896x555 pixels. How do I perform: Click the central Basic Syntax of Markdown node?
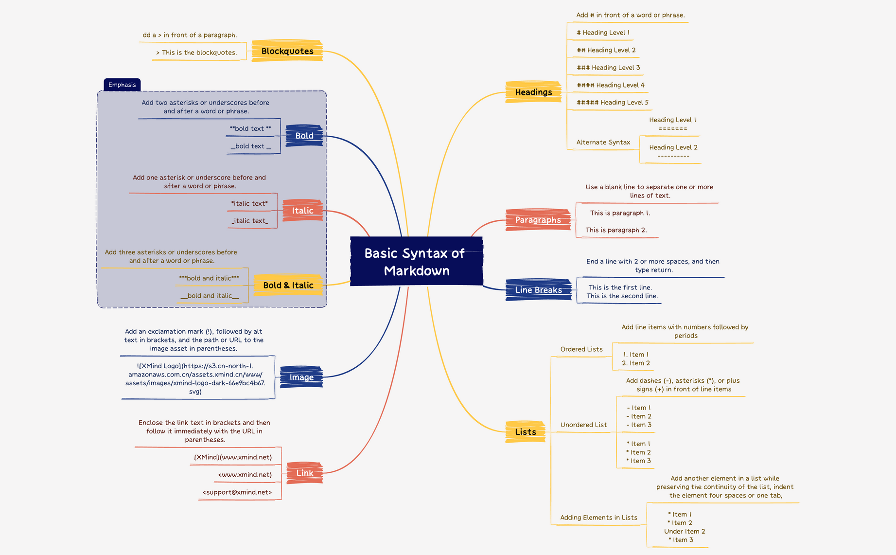click(416, 262)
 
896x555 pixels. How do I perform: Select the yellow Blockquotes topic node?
click(287, 51)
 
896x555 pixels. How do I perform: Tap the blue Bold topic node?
click(304, 136)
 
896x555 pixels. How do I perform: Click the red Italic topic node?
click(302, 211)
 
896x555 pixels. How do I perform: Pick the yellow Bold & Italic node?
click(288, 286)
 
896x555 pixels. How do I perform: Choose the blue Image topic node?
click(301, 377)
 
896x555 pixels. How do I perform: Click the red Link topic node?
click(305, 473)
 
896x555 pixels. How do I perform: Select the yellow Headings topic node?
click(533, 92)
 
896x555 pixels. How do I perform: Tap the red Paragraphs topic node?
click(538, 220)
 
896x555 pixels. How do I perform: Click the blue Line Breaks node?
click(538, 290)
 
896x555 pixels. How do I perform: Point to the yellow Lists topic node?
click(526, 432)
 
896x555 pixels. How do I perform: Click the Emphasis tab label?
click(122, 85)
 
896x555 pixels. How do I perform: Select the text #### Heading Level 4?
click(610, 85)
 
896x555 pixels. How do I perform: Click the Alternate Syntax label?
click(603, 143)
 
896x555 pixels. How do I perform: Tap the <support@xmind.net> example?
click(237, 492)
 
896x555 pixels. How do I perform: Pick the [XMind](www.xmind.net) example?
click(233, 457)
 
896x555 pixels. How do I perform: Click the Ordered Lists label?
click(581, 349)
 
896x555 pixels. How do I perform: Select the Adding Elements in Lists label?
click(598, 518)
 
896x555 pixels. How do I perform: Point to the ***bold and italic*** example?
click(209, 278)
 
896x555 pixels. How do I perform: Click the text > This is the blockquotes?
click(196, 53)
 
